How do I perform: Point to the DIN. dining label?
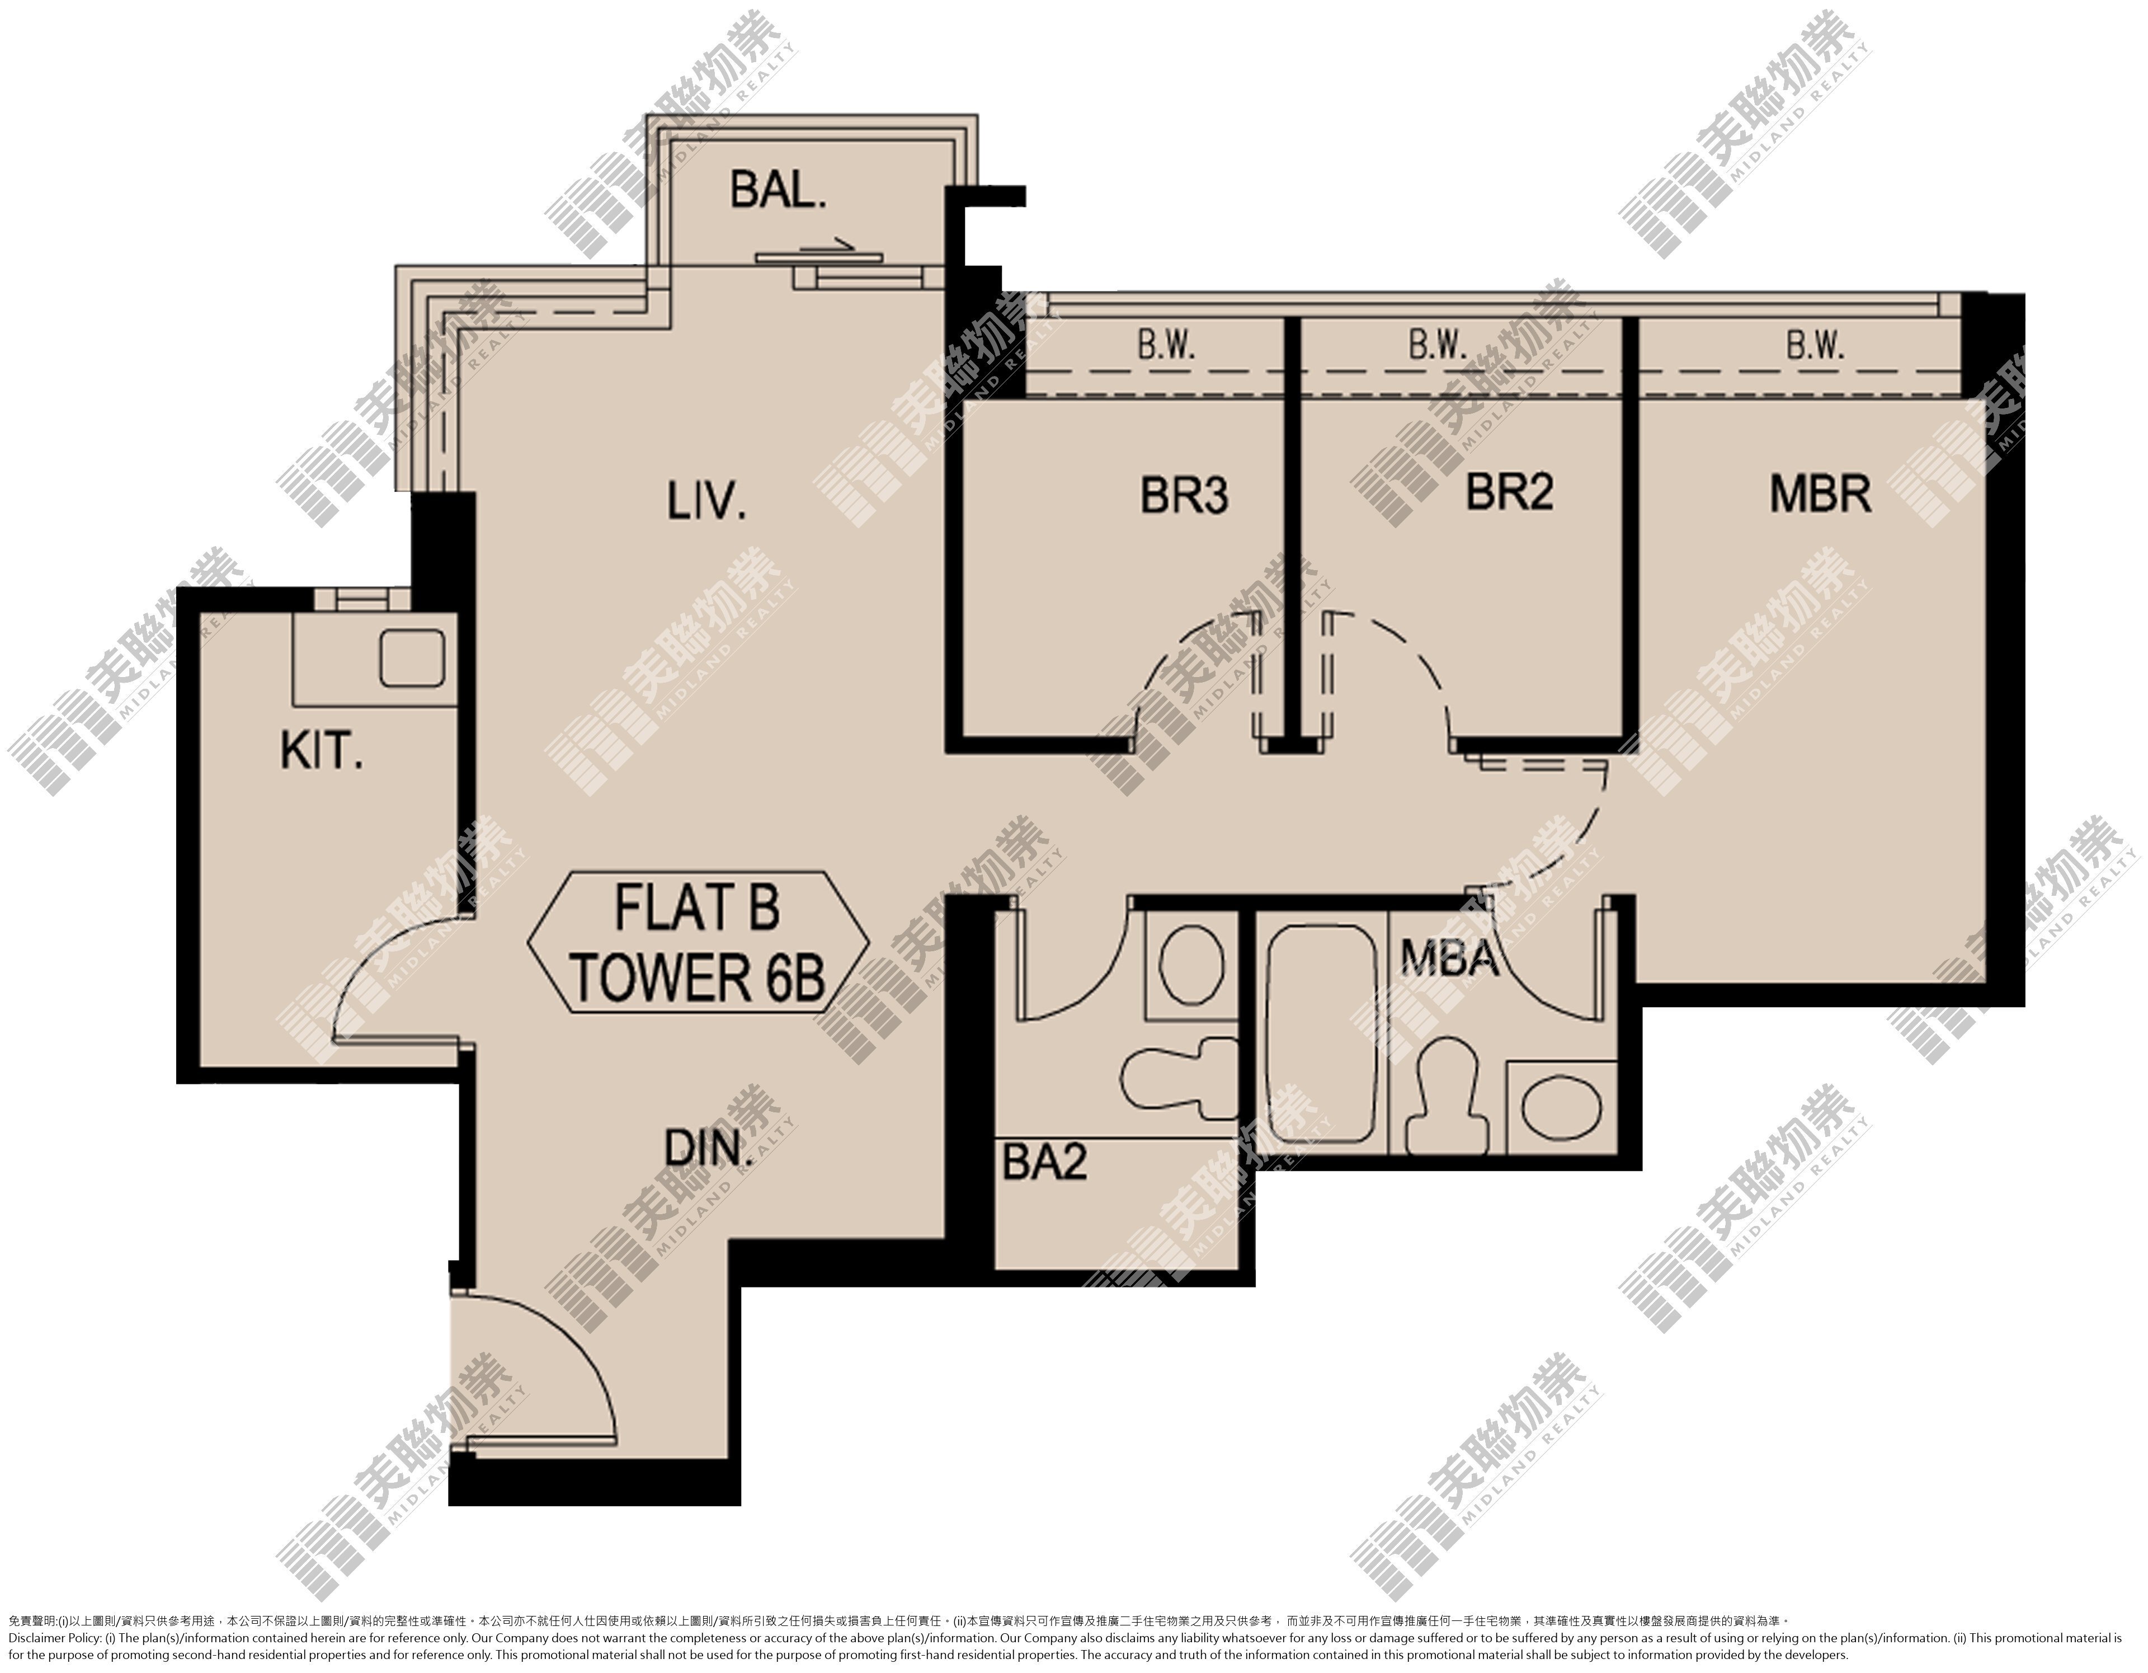point(708,1148)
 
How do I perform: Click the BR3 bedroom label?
point(1184,495)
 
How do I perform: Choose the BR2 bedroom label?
point(1510,492)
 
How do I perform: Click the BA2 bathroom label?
point(1044,1163)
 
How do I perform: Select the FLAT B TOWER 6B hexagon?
point(698,942)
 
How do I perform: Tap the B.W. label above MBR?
point(1815,345)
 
